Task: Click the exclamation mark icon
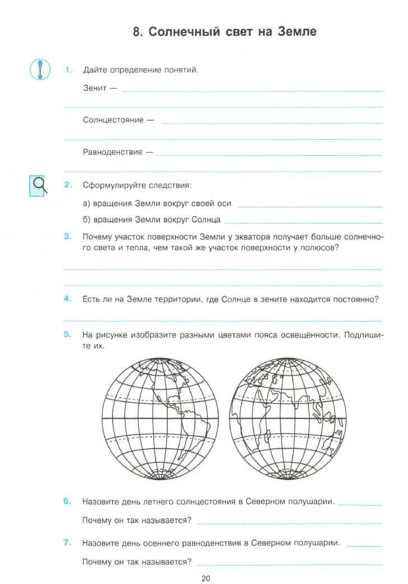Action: [x=39, y=69]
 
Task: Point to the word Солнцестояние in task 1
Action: [x=114, y=120]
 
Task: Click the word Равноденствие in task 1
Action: [x=112, y=151]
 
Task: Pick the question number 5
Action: [x=68, y=334]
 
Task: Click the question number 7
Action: [x=68, y=542]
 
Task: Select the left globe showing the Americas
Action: [x=161, y=419]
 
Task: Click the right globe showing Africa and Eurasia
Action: [x=288, y=419]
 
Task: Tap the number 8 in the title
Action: [x=137, y=32]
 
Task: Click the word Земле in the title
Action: [x=296, y=32]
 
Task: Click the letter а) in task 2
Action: [x=87, y=203]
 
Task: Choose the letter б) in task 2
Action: [x=87, y=219]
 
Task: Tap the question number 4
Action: [x=68, y=298]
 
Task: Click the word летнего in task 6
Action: [x=151, y=501]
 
